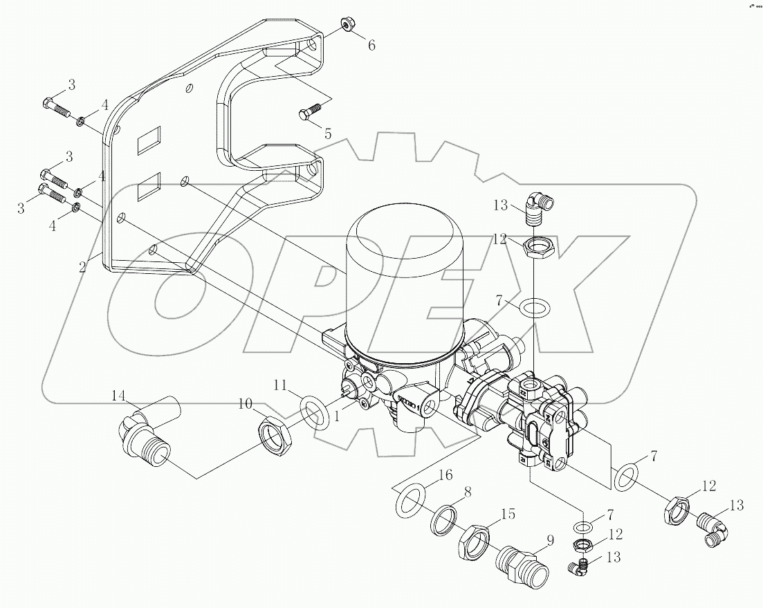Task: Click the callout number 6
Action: (371, 46)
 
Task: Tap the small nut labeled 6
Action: (347, 27)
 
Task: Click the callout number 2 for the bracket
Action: (82, 267)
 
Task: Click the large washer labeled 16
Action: (410, 501)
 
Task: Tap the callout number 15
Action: (508, 514)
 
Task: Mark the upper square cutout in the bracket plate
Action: (149, 142)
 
